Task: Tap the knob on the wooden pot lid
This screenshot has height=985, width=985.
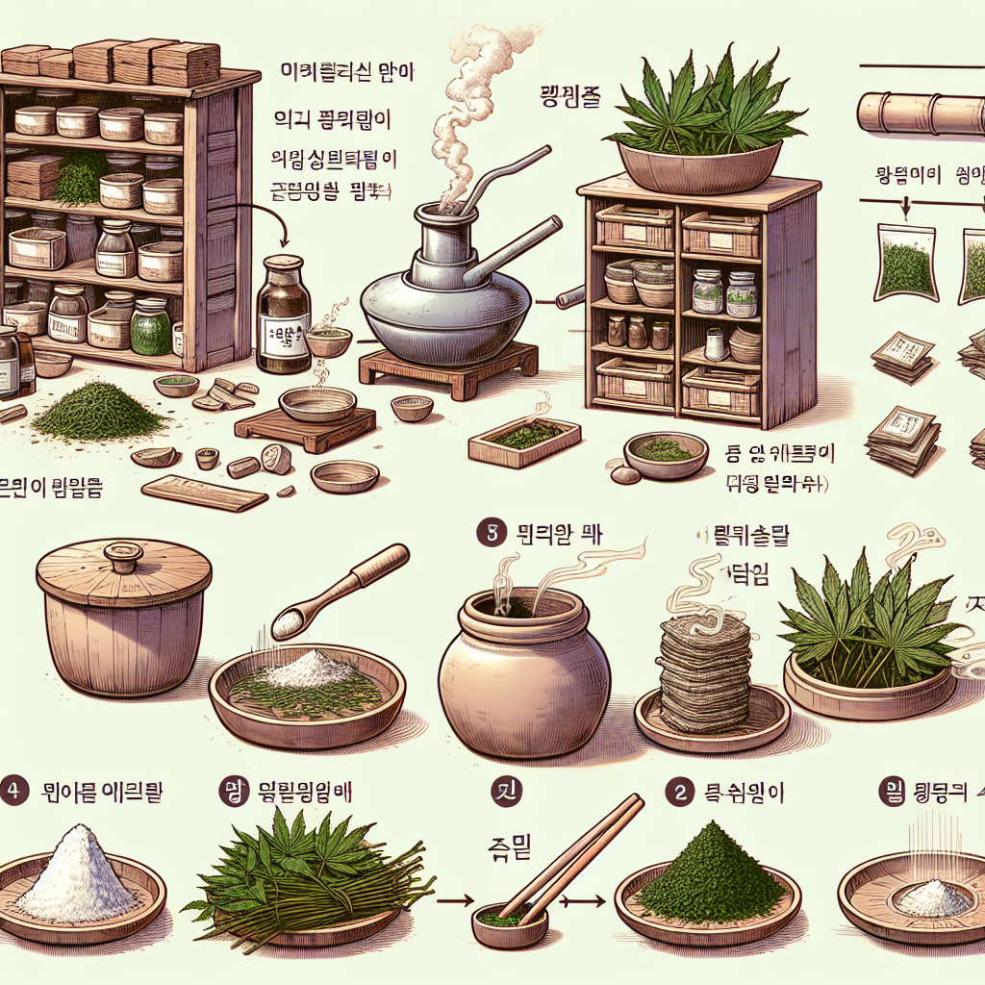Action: (x=123, y=555)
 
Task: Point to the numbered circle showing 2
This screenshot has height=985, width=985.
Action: (x=680, y=791)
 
